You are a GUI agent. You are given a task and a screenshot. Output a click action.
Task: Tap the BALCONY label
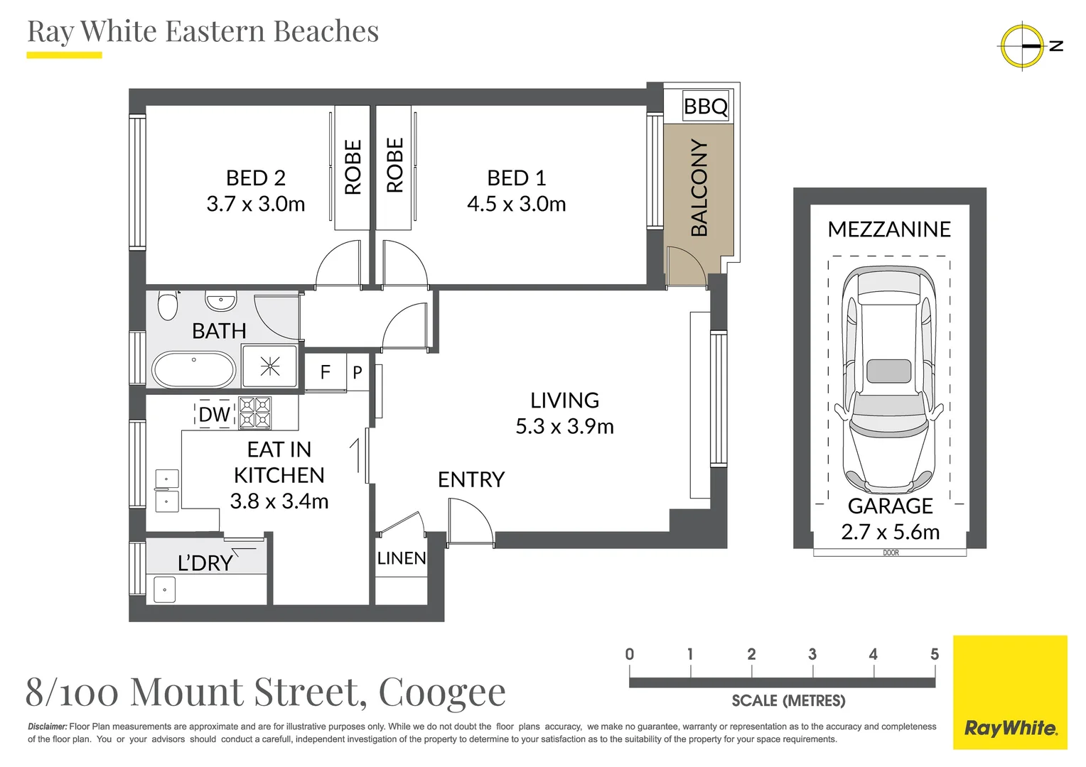coord(699,187)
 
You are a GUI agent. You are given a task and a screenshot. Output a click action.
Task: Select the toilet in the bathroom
coord(168,305)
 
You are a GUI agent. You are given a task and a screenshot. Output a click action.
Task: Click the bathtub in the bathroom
coord(194,369)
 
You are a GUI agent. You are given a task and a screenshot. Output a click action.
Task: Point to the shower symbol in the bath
coord(269,366)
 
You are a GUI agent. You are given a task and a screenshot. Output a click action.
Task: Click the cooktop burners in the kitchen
coord(255,413)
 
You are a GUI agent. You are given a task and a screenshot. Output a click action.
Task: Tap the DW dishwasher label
coord(215,414)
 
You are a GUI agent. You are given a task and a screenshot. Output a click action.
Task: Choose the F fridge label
coord(326,372)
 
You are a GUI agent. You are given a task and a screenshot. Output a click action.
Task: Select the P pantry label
coord(357,373)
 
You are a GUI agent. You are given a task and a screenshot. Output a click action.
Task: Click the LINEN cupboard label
coord(402,558)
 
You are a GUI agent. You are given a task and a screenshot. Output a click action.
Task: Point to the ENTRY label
coord(471,479)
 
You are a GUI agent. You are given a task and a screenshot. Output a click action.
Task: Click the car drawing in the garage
coord(889,380)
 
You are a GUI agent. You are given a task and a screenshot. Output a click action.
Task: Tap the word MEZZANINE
coord(889,229)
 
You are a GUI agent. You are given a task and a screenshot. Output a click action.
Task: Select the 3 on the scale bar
coord(812,654)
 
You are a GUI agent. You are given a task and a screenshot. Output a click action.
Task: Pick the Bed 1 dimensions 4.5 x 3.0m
coord(516,204)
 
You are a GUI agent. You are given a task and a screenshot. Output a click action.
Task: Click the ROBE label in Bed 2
coord(353,167)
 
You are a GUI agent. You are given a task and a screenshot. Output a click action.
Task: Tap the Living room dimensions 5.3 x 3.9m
coord(565,426)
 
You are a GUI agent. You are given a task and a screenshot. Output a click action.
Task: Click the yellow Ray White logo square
coord(1011,692)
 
